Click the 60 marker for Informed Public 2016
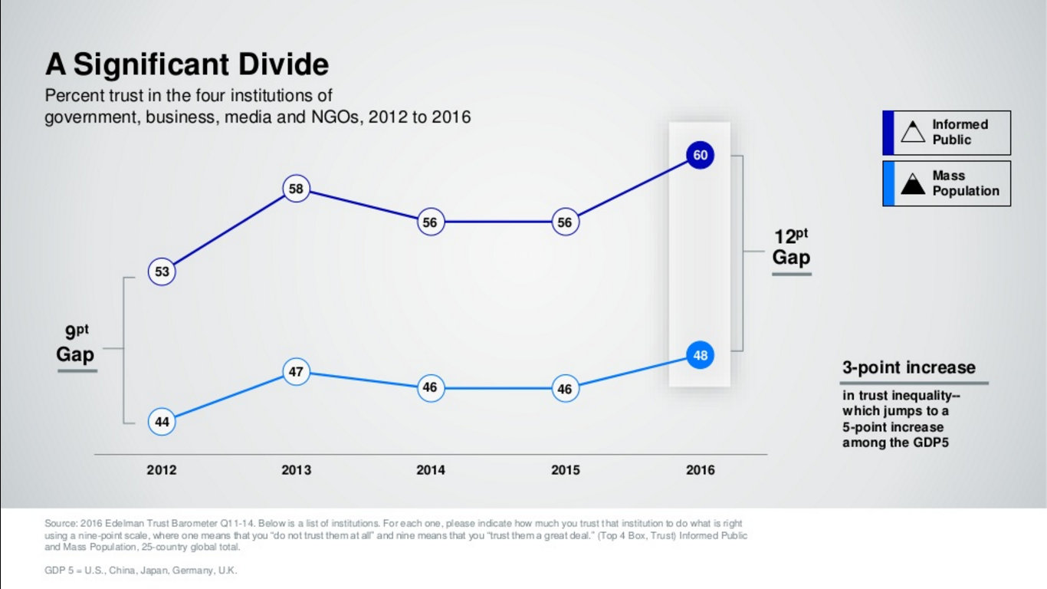700,156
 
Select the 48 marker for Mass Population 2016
700,356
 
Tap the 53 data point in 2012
162,271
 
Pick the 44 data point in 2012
162,421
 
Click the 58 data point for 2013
296,189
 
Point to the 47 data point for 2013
296,373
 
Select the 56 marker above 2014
430,222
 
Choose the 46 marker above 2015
565,389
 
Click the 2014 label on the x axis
430,470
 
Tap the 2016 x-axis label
700,470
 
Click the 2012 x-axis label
162,470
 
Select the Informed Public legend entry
947,133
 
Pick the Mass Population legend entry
947,183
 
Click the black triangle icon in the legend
913,184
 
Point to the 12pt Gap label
791,247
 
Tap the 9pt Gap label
76,344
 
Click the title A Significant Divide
187,64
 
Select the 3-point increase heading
909,367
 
